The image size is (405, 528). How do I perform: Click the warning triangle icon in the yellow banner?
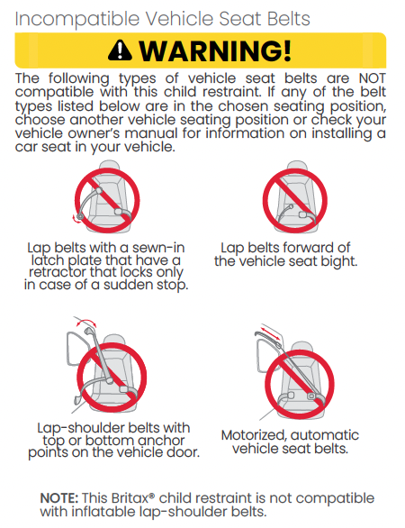[120, 50]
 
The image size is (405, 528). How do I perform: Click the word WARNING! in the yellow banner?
[215, 50]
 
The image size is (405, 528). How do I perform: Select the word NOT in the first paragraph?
[373, 78]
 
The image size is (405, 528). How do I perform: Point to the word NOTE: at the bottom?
[59, 498]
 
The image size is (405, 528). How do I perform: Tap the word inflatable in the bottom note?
[103, 512]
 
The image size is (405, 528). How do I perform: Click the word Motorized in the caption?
[254, 435]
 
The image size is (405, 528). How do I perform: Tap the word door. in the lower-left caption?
[183, 452]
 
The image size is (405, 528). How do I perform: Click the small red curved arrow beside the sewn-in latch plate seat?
[75, 219]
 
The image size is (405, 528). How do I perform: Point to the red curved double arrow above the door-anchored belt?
[86, 322]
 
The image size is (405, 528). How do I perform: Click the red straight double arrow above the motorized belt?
[270, 332]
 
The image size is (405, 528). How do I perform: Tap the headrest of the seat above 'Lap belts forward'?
[296, 168]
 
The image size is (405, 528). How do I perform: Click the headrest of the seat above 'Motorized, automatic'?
[301, 348]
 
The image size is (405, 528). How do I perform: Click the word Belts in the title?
[288, 19]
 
